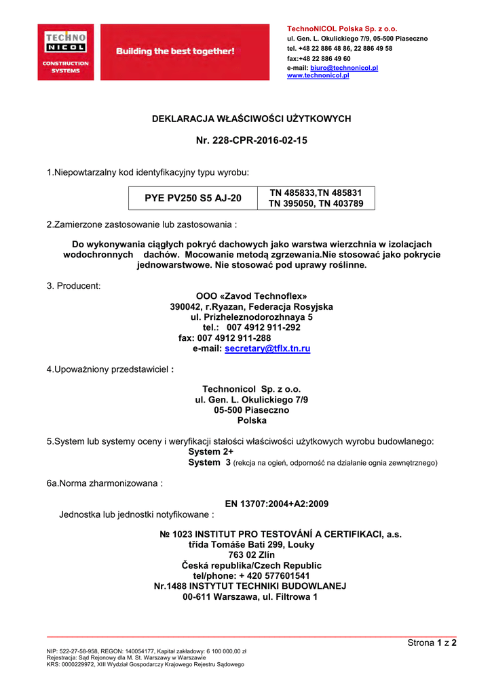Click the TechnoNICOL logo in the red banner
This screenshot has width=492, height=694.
[65, 52]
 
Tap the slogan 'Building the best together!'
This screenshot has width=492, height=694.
[175, 52]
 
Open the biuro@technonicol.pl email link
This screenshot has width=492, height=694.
[344, 68]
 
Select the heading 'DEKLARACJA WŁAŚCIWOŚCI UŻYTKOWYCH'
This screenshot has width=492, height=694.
[250, 119]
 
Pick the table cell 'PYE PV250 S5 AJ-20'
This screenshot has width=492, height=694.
[193, 199]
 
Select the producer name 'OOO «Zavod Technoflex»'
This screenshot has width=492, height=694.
[251, 296]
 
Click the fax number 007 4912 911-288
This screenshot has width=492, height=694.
[234, 338]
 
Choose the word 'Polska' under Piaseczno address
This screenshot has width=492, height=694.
[251, 420]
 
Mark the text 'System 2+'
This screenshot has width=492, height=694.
[210, 452]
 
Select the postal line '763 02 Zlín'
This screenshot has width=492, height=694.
[251, 554]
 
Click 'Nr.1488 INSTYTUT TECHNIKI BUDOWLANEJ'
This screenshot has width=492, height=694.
[250, 586]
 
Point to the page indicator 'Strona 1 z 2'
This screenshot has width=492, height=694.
[432, 642]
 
